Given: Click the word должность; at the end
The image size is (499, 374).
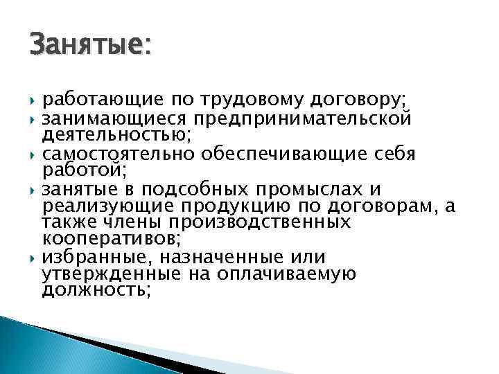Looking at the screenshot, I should pyautogui.click(x=96, y=290).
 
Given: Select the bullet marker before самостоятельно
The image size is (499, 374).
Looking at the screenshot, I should pyautogui.click(x=33, y=152).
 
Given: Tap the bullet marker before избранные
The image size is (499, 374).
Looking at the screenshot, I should pyautogui.click(x=33, y=258).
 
